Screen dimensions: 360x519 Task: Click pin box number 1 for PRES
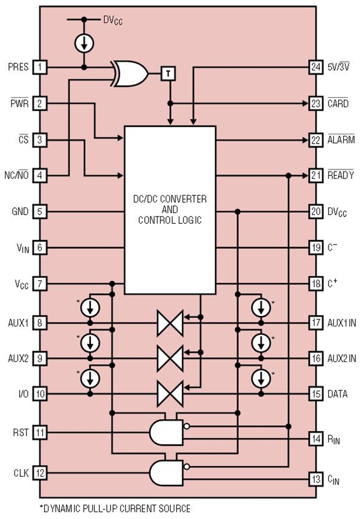pyautogui.click(x=40, y=67)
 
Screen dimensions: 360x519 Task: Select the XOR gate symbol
pyautogui.click(x=129, y=74)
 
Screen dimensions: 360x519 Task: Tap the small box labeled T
pyautogui.click(x=168, y=74)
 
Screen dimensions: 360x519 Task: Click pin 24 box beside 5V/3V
pyautogui.click(x=316, y=67)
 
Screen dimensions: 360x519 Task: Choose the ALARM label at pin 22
pyautogui.click(x=341, y=139)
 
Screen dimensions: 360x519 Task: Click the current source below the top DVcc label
pyautogui.click(x=84, y=43)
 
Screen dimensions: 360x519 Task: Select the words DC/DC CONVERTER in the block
pyautogui.click(x=170, y=199)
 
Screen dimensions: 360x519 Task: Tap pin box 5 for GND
pyautogui.click(x=40, y=212)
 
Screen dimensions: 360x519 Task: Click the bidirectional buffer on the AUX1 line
pyautogui.click(x=170, y=323)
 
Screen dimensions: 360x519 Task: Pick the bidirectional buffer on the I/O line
pyautogui.click(x=170, y=394)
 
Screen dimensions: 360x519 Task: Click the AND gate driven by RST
pyautogui.click(x=166, y=432)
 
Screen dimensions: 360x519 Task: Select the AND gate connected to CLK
pyautogui.click(x=166, y=473)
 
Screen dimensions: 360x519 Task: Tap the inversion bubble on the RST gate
pyautogui.click(x=186, y=426)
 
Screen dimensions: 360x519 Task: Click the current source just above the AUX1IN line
pyautogui.click(x=261, y=308)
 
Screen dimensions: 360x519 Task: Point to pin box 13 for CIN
pyautogui.click(x=316, y=479)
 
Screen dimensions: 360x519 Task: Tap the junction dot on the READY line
pyautogui.click(x=288, y=176)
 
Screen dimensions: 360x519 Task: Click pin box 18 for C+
pyautogui.click(x=316, y=284)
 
